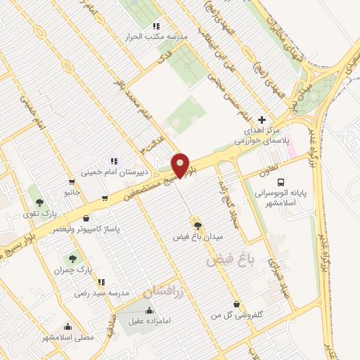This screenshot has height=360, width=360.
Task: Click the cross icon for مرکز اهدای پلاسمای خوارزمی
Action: tap(262, 120)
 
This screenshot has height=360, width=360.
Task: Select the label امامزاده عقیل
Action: tap(149, 321)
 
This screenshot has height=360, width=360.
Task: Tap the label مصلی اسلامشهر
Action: tap(67, 337)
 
